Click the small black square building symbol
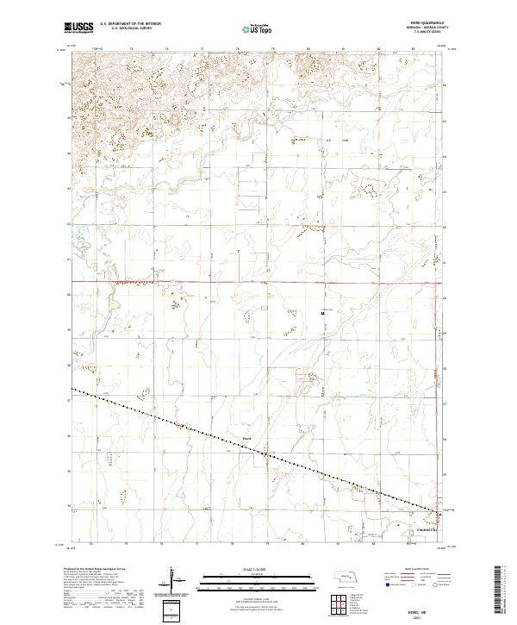tap(323, 314)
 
